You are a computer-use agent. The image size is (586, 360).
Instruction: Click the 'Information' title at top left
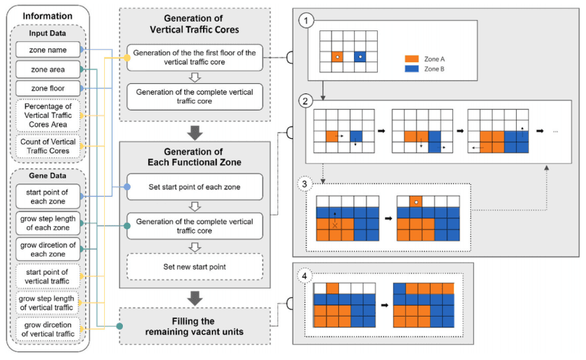tap(46, 16)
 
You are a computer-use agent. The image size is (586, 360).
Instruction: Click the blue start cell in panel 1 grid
tap(360, 56)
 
